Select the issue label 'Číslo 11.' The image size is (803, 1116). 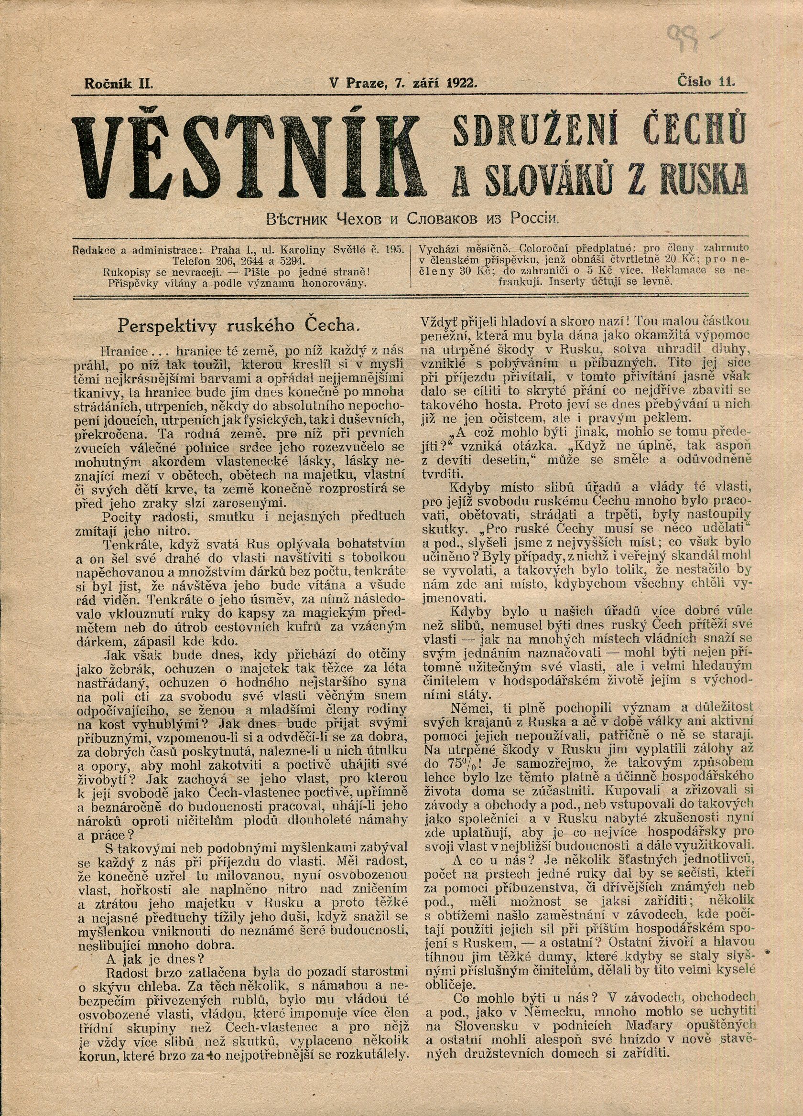point(705,82)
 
